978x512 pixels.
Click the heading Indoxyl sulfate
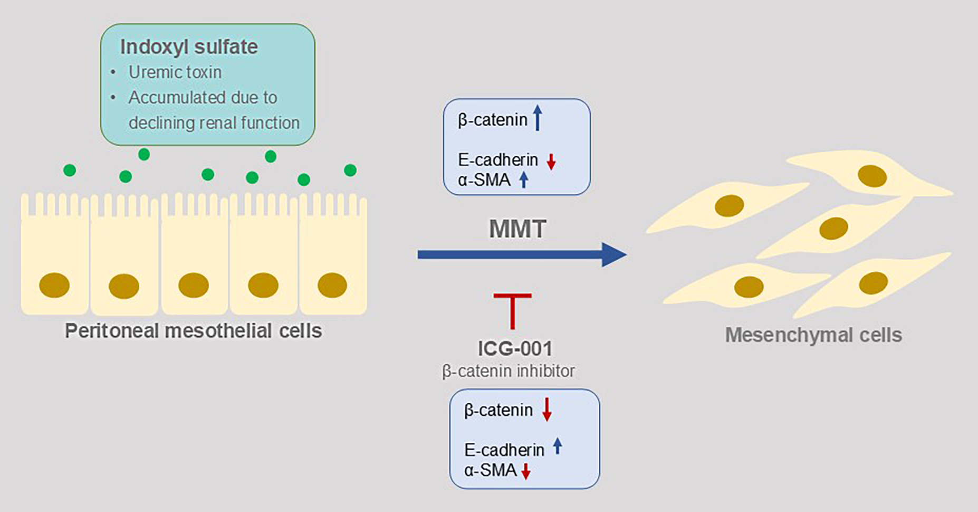tap(189, 47)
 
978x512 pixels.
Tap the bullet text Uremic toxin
tap(175, 72)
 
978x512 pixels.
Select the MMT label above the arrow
tap(517, 229)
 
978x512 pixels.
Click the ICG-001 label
tap(515, 349)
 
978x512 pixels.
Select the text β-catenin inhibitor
tap(508, 371)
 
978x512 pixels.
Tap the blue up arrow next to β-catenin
tap(537, 118)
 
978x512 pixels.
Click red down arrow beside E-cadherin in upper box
tap(551, 162)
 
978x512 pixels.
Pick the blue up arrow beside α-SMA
tap(523, 180)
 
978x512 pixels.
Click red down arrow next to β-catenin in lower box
tap(546, 410)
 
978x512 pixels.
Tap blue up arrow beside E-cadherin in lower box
tap(558, 447)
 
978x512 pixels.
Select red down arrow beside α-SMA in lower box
tap(525, 471)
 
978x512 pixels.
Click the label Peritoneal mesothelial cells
tap(193, 331)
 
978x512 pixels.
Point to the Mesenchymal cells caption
tap(813, 335)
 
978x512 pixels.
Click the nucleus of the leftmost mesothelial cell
tap(54, 286)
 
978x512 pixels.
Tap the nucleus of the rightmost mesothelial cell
tap(332, 285)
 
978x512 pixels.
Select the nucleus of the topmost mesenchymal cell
tap(872, 176)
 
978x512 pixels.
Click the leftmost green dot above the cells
tap(70, 170)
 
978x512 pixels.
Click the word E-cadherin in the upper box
tap(497, 159)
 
